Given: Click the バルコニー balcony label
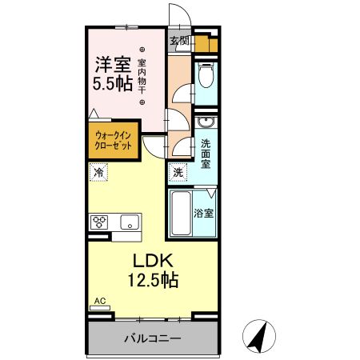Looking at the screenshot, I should (x=151, y=338).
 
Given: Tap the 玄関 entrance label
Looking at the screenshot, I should (x=179, y=40).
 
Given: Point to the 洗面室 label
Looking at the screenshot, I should (x=206, y=154).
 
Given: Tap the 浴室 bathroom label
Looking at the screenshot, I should (x=205, y=214).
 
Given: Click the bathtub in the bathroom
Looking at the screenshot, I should (x=182, y=213).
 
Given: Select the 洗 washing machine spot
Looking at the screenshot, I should (x=178, y=172).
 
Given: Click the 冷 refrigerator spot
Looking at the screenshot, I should (x=98, y=172).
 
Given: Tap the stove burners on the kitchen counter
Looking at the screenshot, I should (x=100, y=222).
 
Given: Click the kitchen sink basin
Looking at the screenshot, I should (x=129, y=222).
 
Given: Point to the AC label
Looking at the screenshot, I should (x=100, y=301).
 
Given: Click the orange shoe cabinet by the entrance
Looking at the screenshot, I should (x=207, y=44).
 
